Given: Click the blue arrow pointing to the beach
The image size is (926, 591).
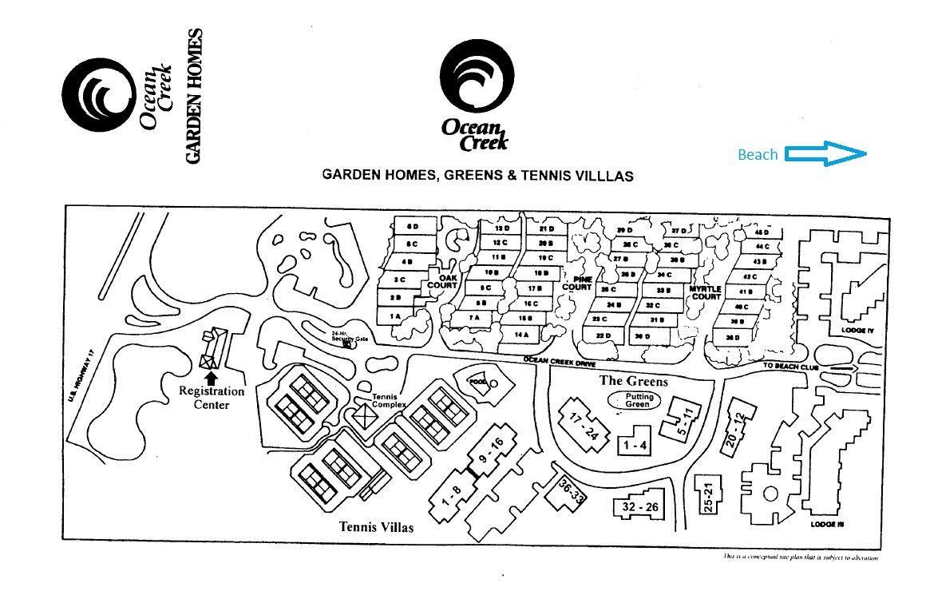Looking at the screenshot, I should coord(826,154).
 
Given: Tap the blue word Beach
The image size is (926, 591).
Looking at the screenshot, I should coord(758,155).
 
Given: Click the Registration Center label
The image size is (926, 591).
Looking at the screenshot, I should coord(211,398).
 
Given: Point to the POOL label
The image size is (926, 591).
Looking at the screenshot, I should coord(478,382).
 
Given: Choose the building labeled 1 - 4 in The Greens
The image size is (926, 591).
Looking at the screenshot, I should coord(635,446).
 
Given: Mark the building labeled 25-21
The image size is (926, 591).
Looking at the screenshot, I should coord(707,496).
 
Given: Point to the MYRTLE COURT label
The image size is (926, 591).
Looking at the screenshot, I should coord(706,292).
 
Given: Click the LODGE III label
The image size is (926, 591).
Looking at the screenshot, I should coord(827,524).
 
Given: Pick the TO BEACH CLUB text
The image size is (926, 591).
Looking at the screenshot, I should coord(789,366).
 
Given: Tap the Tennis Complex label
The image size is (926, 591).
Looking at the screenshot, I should coord(389,401).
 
